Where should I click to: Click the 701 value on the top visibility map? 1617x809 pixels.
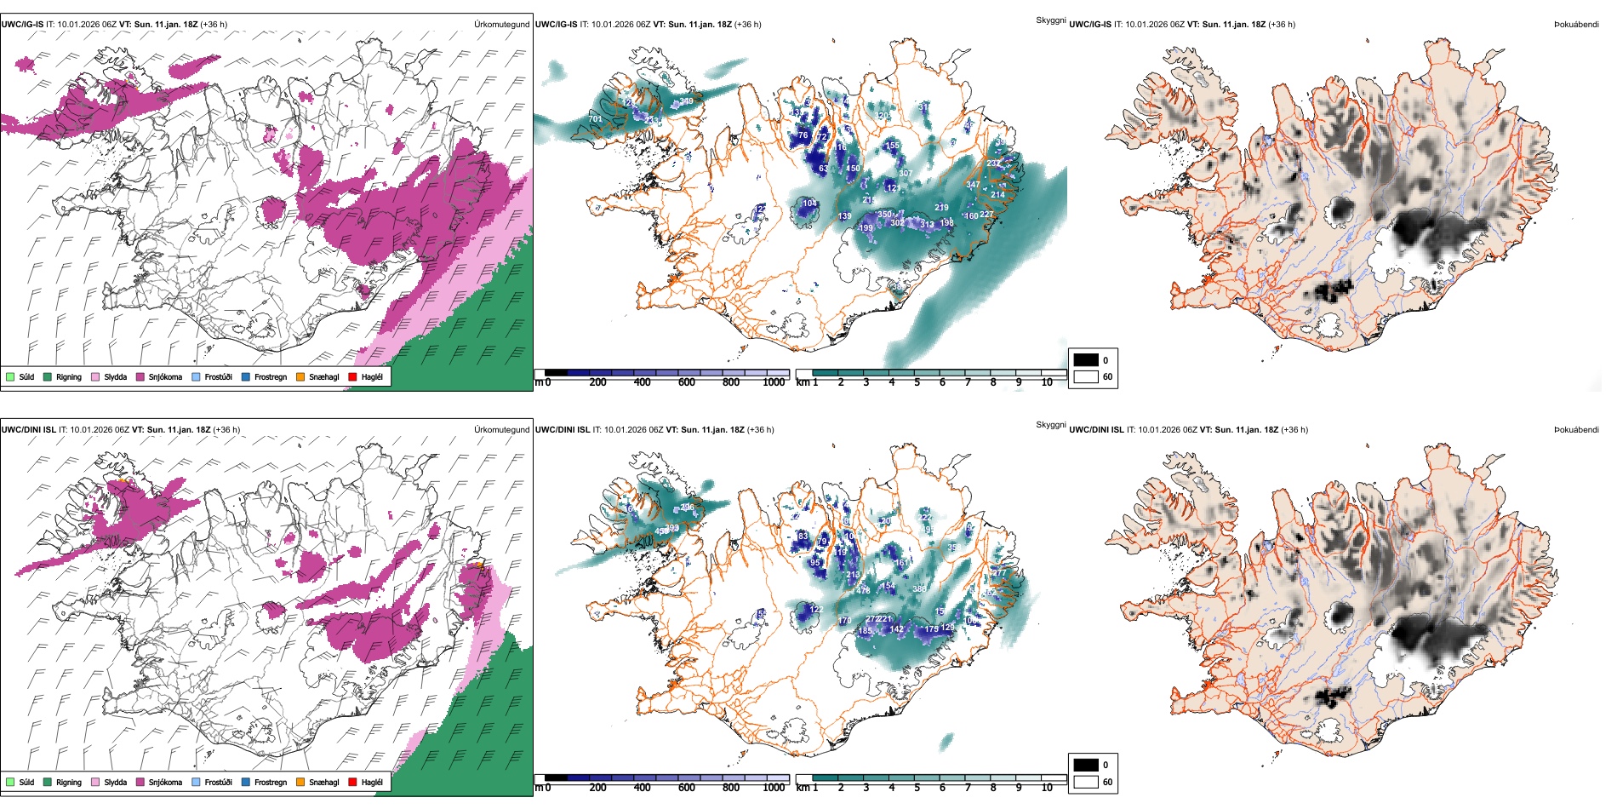pyautogui.click(x=595, y=119)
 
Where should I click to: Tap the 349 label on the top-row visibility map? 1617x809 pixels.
pyautogui.click(x=686, y=101)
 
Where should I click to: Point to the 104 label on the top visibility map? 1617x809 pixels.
pyautogui.click(x=809, y=204)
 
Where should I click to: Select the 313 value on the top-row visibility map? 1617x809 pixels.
pyautogui.click(x=927, y=225)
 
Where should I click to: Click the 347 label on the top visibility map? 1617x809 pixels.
pyautogui.click(x=973, y=185)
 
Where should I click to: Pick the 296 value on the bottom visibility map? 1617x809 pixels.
pyautogui.click(x=687, y=508)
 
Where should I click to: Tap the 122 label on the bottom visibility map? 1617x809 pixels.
pyautogui.click(x=815, y=610)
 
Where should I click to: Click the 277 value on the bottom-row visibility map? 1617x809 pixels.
pyautogui.click(x=998, y=573)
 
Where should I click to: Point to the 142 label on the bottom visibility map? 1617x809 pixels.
pyautogui.click(x=896, y=629)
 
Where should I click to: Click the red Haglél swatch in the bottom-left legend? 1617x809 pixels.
pyautogui.click(x=352, y=782)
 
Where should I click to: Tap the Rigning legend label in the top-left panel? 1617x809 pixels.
pyautogui.click(x=69, y=376)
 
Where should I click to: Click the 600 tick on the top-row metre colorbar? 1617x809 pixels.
pyautogui.click(x=686, y=382)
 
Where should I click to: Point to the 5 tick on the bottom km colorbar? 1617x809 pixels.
pyautogui.click(x=917, y=788)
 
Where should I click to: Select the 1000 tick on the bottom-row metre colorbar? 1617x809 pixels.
pyautogui.click(x=774, y=788)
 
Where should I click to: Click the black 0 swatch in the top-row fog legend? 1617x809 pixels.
pyautogui.click(x=1086, y=360)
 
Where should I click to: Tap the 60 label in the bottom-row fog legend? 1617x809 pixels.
pyautogui.click(x=1107, y=782)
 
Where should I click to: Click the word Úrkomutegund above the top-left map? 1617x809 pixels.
pyautogui.click(x=501, y=25)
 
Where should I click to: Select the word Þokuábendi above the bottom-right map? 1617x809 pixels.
pyautogui.click(x=1576, y=430)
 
